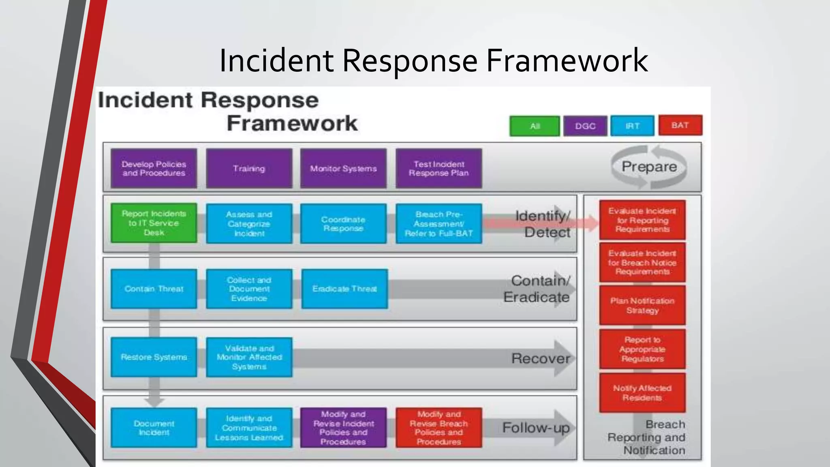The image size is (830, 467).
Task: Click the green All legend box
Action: pyautogui.click(x=535, y=126)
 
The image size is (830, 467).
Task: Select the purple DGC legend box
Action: pyautogui.click(x=585, y=126)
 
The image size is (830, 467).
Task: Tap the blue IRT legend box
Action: pyautogui.click(x=632, y=126)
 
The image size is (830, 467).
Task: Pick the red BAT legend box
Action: pyautogui.click(x=680, y=125)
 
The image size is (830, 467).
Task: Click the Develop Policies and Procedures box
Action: pyautogui.click(x=154, y=169)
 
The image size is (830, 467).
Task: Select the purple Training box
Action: pyautogui.click(x=249, y=169)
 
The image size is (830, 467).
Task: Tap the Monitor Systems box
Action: pyautogui.click(x=343, y=169)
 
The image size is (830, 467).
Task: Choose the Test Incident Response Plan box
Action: pyautogui.click(x=439, y=169)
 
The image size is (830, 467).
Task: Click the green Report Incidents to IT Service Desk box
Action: pyautogui.click(x=154, y=223)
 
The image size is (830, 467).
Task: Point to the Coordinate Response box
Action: pyautogui.click(x=343, y=224)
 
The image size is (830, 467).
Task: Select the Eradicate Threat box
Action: pyautogui.click(x=344, y=289)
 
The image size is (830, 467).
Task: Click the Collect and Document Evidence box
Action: pyautogui.click(x=249, y=289)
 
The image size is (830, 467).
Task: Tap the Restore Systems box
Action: pyautogui.click(x=154, y=357)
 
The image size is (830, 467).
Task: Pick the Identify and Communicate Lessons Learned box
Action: pyautogui.click(x=249, y=428)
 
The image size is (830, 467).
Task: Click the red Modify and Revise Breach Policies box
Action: pyautogui.click(x=439, y=428)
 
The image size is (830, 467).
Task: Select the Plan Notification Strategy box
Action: pyautogui.click(x=642, y=305)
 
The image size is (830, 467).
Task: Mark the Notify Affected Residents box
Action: pyautogui.click(x=642, y=393)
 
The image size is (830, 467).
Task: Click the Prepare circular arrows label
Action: pyautogui.click(x=649, y=167)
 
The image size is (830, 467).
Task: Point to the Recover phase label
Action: pyautogui.click(x=541, y=358)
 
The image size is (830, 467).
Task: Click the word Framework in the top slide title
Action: pyautogui.click(x=567, y=60)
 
